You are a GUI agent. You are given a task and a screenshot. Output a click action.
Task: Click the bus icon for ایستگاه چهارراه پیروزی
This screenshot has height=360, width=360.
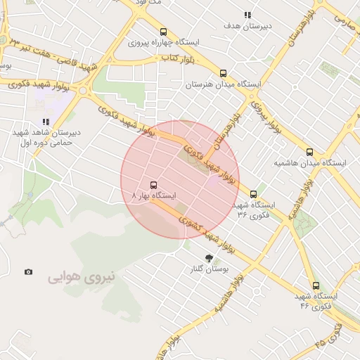click(x=164, y=32)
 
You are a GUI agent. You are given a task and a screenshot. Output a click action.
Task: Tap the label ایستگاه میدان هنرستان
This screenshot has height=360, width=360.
click(x=223, y=84)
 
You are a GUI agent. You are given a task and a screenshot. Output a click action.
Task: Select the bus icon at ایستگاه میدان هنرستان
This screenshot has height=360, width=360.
click(x=224, y=72)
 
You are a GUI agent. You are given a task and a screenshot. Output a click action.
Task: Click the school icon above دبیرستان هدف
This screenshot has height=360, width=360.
click(x=247, y=15)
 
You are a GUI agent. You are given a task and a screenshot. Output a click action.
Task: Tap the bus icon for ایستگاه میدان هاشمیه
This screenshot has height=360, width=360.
click(x=309, y=152)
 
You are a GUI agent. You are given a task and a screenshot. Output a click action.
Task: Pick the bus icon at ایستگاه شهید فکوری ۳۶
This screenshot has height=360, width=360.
click(x=253, y=194)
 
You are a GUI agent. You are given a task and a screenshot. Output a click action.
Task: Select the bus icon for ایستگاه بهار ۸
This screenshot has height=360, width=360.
click(x=154, y=185)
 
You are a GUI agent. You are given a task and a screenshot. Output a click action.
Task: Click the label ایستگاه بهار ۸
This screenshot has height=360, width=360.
click(x=154, y=195)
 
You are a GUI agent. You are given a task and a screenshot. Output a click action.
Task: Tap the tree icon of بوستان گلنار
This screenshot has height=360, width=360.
click(x=208, y=258)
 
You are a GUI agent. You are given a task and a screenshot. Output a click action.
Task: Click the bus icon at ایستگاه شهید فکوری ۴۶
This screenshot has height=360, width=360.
click(x=316, y=285)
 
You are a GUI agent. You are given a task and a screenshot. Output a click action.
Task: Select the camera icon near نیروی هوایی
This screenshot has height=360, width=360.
click(x=28, y=272)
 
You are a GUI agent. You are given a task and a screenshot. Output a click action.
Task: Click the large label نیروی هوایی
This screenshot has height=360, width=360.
click(x=81, y=278)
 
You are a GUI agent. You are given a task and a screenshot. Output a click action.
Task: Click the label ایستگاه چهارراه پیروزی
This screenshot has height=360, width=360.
click(x=164, y=42)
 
